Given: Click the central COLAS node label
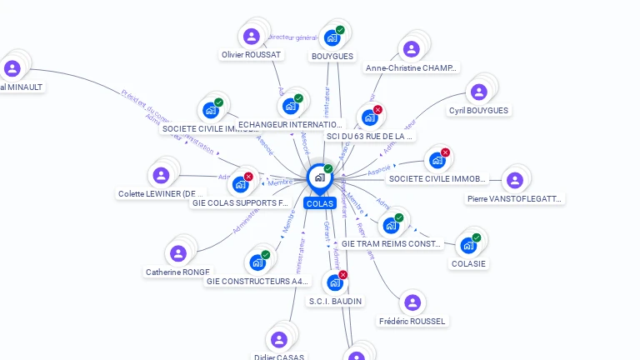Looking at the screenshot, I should tap(319, 203).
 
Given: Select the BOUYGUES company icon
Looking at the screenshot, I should tap(332, 38).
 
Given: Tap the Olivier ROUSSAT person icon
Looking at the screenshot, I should tap(251, 37).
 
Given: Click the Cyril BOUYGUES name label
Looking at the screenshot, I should tap(478, 110).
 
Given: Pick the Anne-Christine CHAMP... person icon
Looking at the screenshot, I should tap(411, 49).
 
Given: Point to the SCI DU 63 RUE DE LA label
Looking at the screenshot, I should tap(370, 135).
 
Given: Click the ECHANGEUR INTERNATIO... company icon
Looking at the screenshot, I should tap(291, 106).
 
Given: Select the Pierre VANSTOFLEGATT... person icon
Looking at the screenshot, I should tap(515, 180).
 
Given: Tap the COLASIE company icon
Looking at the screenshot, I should tap(468, 246).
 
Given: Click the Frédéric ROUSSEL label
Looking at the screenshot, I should tap(412, 321).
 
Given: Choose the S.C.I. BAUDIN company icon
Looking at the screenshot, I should tap(334, 282).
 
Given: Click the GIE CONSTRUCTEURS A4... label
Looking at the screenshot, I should tap(257, 282).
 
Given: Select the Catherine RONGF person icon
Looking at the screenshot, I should tap(177, 253).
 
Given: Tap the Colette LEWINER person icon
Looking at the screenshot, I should tap(161, 175).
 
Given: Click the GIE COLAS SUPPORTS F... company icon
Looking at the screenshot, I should tap(240, 184).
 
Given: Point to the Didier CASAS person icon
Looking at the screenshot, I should tap(279, 339).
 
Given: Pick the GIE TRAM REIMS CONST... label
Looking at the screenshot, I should tap(391, 244).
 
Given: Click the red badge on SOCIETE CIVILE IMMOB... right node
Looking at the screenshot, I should tap(445, 152).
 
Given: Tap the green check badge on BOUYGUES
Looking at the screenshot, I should tap(340, 30).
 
